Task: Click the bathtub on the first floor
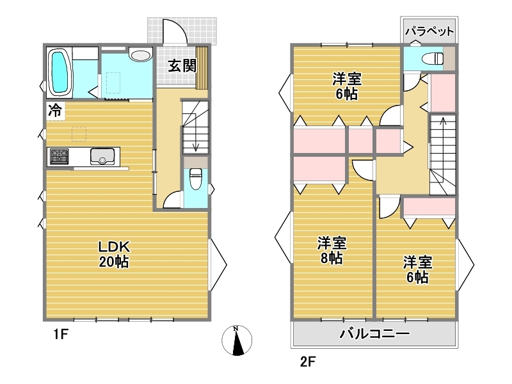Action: point(60,72)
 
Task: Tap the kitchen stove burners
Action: point(60,156)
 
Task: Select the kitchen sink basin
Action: point(102,156)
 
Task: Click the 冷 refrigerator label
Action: point(55,110)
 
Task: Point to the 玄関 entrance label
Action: point(182,66)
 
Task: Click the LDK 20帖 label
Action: point(114,254)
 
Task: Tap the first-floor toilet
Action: point(196,179)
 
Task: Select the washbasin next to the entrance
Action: point(141,54)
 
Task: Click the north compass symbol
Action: point(237,340)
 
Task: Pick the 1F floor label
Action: point(61,334)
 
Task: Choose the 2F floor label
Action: point(308,362)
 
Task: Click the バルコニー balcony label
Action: point(374,333)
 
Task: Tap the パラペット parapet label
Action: point(429,31)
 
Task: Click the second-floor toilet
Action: point(433,59)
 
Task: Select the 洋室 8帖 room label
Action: point(332,250)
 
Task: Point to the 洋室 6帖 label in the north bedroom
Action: point(347,86)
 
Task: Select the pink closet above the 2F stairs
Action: point(443,93)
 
